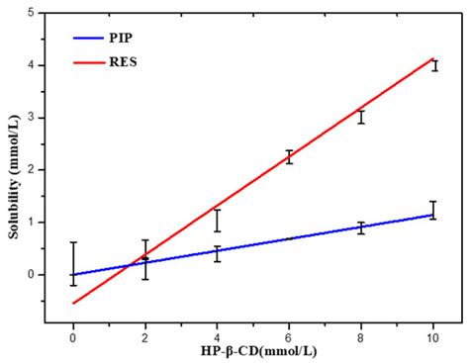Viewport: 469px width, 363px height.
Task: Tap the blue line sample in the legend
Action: (x=90, y=40)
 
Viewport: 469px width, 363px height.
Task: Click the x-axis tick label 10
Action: (x=434, y=337)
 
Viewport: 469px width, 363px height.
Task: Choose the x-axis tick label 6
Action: (x=289, y=337)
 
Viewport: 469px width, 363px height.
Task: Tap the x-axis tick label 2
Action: (x=144, y=337)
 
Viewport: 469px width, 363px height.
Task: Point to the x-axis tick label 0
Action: (x=72, y=337)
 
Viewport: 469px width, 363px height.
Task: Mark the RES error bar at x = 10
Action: (x=434, y=65)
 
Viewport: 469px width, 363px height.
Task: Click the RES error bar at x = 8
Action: (x=362, y=117)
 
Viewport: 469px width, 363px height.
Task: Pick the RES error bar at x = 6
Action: (x=289, y=156)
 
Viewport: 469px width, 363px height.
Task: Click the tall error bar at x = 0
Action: (x=72, y=263)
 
